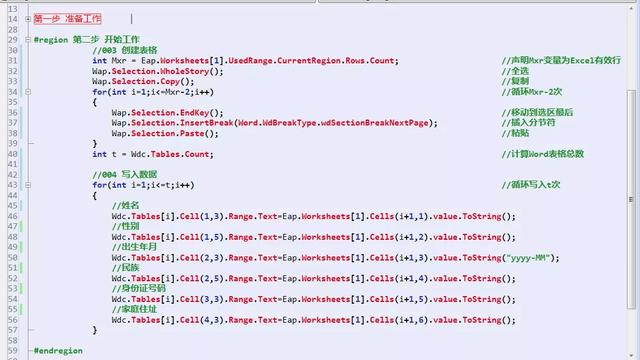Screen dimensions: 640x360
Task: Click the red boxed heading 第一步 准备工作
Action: coord(66,18)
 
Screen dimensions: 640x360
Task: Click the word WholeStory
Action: coord(190,72)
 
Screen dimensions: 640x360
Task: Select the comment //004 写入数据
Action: coord(125,175)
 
